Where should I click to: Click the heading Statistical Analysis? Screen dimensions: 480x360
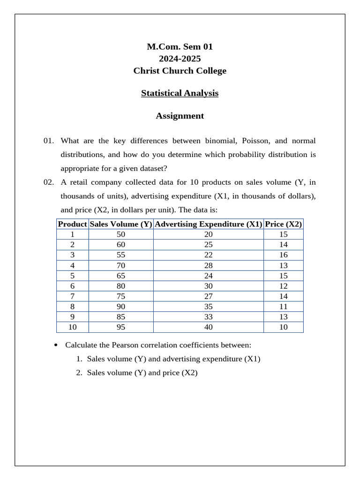click(180, 93)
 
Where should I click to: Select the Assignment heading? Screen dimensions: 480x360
click(180, 116)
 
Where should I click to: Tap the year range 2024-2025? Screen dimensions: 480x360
click(180, 59)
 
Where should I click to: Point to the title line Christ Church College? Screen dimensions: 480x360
click(180, 71)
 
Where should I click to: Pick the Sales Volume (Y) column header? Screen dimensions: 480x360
click(121, 224)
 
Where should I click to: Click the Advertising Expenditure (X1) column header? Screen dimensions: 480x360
click(208, 224)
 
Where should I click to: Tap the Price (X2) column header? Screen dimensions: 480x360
click(284, 224)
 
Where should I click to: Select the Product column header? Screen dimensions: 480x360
click(72, 224)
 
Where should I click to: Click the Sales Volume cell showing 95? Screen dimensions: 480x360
click(121, 327)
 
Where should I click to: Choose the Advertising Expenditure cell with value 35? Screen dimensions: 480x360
click(208, 307)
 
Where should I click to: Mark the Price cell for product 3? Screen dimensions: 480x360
click(284, 255)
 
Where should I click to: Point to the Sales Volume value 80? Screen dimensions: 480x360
click(121, 286)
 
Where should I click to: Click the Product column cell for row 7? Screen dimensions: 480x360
click(72, 296)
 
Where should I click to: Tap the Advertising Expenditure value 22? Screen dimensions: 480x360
click(208, 255)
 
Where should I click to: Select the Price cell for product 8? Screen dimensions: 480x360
click(284, 307)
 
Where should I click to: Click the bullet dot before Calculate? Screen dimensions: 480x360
click(56, 345)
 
